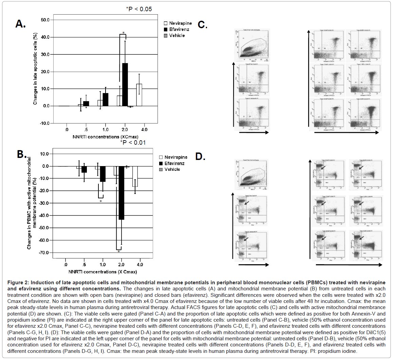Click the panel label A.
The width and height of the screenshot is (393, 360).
(x=20, y=23)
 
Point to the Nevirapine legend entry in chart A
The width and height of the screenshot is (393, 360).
(x=180, y=23)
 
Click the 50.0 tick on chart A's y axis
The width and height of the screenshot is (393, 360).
(x=45, y=20)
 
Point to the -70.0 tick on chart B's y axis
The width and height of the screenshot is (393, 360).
(x=44, y=253)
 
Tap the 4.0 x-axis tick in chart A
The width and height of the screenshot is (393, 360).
(x=144, y=130)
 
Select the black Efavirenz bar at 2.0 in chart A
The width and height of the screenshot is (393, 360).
(x=125, y=85)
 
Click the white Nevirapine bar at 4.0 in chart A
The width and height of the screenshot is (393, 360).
(x=139, y=95)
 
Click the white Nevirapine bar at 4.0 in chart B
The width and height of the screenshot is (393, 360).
(x=135, y=177)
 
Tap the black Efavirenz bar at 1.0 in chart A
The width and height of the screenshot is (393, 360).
(x=106, y=100)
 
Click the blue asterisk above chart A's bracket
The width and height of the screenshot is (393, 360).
(x=123, y=33)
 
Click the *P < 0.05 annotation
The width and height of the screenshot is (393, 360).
(x=139, y=9)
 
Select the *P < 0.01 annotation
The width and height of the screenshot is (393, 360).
(x=133, y=143)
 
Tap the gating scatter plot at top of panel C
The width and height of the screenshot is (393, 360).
(x=252, y=46)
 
